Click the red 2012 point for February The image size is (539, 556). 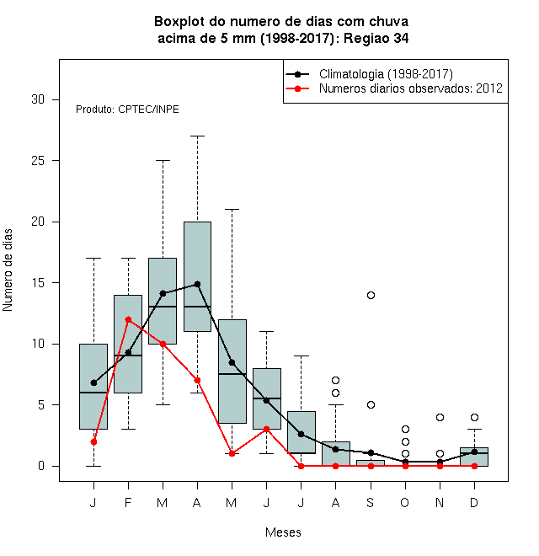[x=128, y=319]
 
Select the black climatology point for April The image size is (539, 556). [x=198, y=285]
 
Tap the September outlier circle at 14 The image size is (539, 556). [x=371, y=295]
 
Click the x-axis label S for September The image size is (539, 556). [x=371, y=502]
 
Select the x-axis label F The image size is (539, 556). [x=128, y=502]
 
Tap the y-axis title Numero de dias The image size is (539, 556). [x=8, y=270]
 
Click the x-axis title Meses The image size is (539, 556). [x=283, y=532]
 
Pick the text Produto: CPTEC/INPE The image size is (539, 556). [x=127, y=110]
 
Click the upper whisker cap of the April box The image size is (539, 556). [x=198, y=136]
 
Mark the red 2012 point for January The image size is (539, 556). [x=93, y=441]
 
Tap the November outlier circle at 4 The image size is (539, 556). [x=440, y=417]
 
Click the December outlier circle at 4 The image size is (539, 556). [x=474, y=417]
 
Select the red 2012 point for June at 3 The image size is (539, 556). [x=267, y=429]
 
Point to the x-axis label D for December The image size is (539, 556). [x=474, y=502]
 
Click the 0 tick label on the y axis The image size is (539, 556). [x=41, y=466]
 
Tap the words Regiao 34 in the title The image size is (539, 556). [x=376, y=38]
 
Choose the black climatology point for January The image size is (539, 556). [x=93, y=383]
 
